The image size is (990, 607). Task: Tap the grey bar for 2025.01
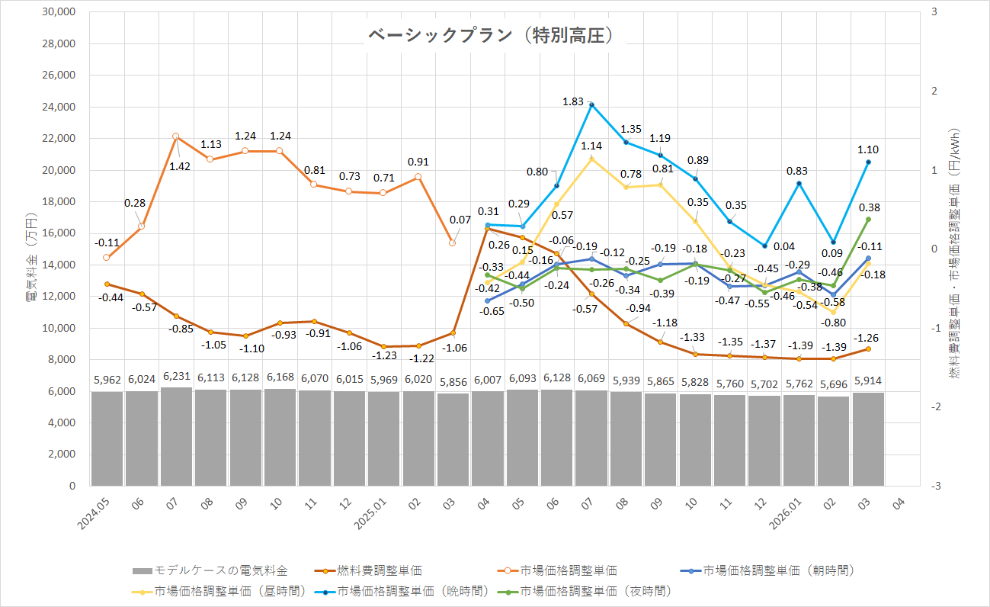(x=383, y=438)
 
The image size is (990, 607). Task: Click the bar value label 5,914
(x=868, y=379)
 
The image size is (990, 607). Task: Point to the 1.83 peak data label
(x=573, y=101)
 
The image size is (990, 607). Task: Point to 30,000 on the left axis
(x=59, y=12)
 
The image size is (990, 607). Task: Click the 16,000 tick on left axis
(x=59, y=233)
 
